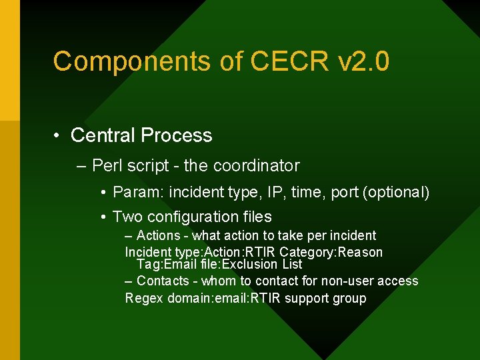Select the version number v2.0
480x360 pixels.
(364, 62)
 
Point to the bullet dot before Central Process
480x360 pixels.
(59, 135)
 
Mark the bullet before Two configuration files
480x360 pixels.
(104, 217)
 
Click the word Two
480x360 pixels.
(127, 217)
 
